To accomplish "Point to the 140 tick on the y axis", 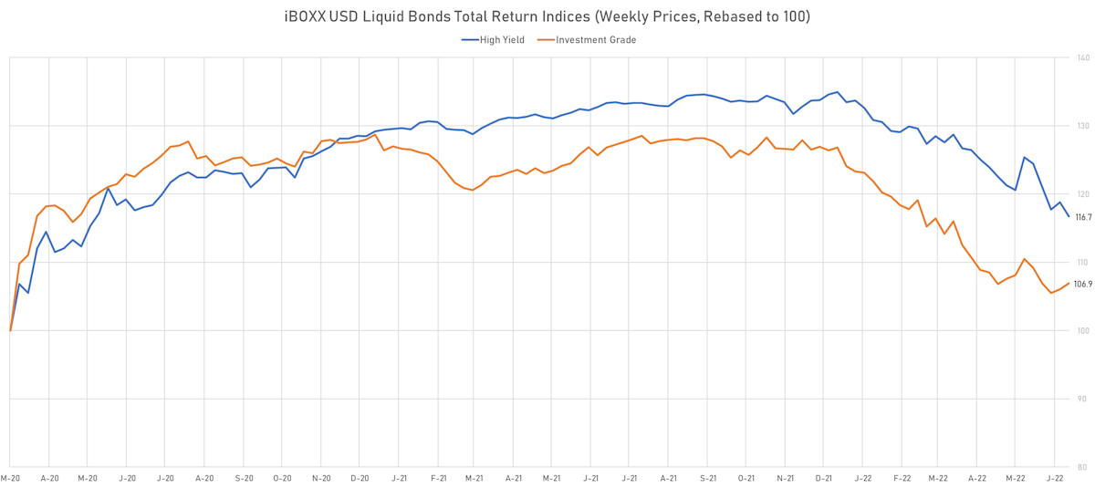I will coord(1082,57).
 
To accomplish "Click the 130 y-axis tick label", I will coord(1082,126).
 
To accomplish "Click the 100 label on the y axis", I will coord(1082,330).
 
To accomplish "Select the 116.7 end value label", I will coord(1084,217).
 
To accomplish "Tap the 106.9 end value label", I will coord(1084,285).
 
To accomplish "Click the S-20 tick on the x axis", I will coord(244,478).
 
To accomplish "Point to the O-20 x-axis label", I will coord(282,478).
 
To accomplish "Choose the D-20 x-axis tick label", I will coord(360,478).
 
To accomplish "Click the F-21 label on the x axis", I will coord(438,478).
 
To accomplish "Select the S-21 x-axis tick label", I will coord(708,478).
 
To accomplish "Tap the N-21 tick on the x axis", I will coord(785,478).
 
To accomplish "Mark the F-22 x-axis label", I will coord(902,478).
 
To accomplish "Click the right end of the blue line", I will coord(1069,216).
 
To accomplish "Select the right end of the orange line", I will coord(1069,283).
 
